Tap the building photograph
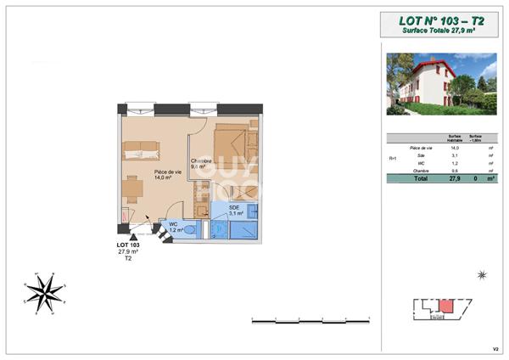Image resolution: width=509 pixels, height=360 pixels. [x=441, y=83]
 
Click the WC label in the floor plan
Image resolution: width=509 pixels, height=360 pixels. [x=174, y=225]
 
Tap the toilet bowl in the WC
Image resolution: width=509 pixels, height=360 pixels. [x=191, y=230]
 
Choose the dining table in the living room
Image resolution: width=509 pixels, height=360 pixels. [x=131, y=188]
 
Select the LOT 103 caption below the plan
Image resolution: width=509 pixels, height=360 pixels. [x=128, y=246]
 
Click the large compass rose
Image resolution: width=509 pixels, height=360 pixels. [x=44, y=292]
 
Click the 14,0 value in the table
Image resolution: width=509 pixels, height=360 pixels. [x=454, y=149]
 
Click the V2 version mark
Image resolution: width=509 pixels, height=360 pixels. [x=495, y=348]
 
